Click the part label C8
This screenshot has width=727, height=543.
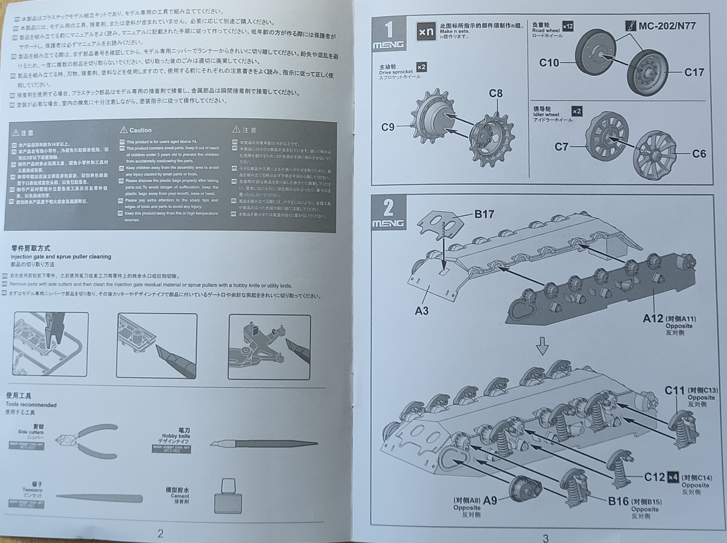[x=496, y=94]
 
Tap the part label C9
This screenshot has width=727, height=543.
[x=388, y=127]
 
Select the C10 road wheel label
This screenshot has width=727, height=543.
[x=549, y=62]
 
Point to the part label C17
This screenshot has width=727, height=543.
[x=694, y=72]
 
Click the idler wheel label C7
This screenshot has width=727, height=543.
[x=561, y=147]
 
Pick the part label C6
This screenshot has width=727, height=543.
[x=699, y=154]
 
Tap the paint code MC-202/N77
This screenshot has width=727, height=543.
[x=667, y=26]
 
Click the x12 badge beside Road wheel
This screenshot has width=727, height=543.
[x=568, y=26]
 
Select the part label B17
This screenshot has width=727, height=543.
[x=484, y=214]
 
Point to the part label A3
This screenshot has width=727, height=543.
[x=421, y=311]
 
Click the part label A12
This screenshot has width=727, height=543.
[x=653, y=319]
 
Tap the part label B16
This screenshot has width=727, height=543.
[x=618, y=501]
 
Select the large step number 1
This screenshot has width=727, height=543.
[x=389, y=30]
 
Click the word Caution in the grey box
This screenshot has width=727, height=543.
[x=140, y=130]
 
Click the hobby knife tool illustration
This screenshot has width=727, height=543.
[x=264, y=444]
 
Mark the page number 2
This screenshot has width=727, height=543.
[x=160, y=533]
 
